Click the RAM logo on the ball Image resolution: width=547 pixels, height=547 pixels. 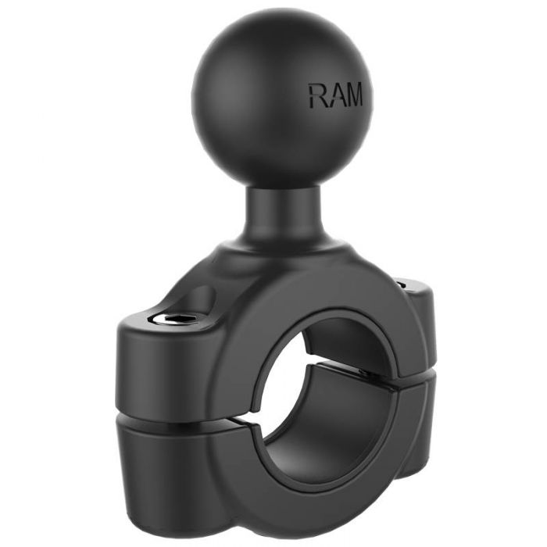pos(336,95)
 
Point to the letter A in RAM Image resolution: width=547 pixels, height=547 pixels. pos(334,95)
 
